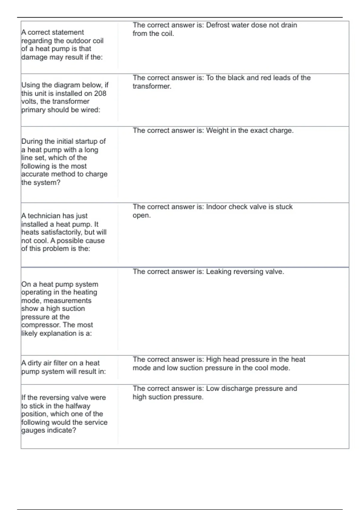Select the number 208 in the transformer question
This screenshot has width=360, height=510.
100,93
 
